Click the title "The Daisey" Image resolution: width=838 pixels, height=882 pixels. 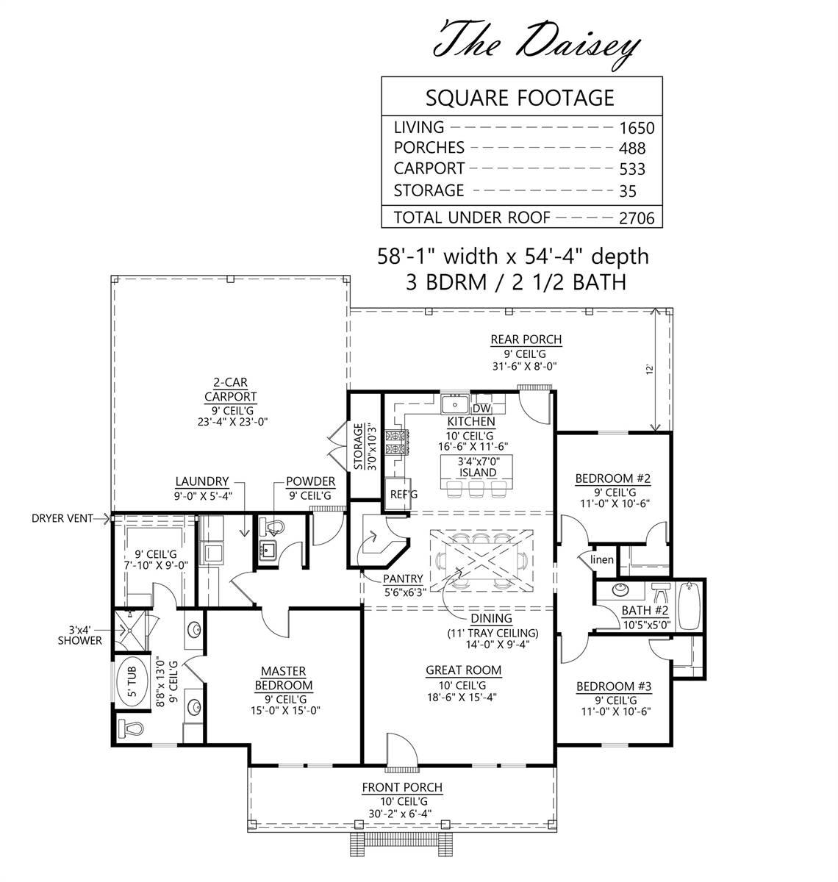click(537, 46)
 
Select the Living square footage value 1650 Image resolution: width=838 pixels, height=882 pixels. click(637, 129)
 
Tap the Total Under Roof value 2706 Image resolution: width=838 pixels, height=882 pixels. click(637, 218)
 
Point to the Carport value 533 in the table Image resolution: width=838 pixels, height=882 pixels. click(632, 169)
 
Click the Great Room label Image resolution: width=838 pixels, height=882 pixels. click(463, 670)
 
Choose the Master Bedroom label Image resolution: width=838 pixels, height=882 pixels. click(284, 678)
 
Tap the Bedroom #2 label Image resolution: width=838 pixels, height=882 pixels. click(612, 478)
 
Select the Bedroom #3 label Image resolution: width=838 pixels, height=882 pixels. click(614, 686)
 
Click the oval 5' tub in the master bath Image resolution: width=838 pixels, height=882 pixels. click(132, 682)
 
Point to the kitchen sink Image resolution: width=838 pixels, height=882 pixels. click(455, 404)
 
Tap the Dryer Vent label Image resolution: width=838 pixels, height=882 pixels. click(62, 519)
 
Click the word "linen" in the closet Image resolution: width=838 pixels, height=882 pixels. click(602, 559)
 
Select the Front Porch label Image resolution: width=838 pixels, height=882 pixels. click(402, 787)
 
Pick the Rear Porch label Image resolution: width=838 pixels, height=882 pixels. click(526, 340)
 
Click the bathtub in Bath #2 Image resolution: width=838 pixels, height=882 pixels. click(689, 606)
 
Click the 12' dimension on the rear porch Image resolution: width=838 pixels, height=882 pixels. click(649, 370)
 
